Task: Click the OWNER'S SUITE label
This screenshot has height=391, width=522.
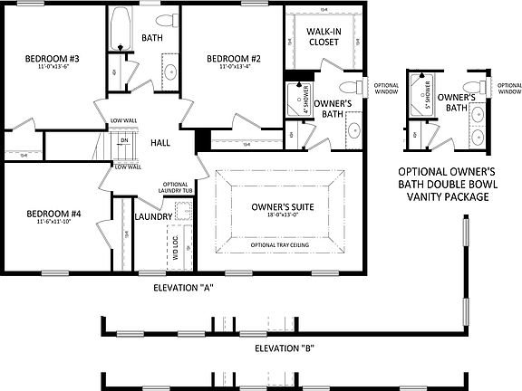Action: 283,206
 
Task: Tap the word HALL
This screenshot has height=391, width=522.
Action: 160,143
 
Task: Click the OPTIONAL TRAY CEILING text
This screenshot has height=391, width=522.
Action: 283,245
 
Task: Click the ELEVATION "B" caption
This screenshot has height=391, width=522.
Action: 285,347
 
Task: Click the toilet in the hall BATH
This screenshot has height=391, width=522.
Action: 166,21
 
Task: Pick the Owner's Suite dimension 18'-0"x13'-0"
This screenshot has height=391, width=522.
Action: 283,216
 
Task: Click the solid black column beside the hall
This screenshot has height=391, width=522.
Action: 203,141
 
